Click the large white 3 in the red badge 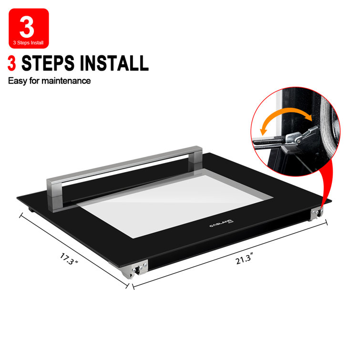pos(27,27)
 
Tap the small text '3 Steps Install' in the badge pos(28,43)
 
